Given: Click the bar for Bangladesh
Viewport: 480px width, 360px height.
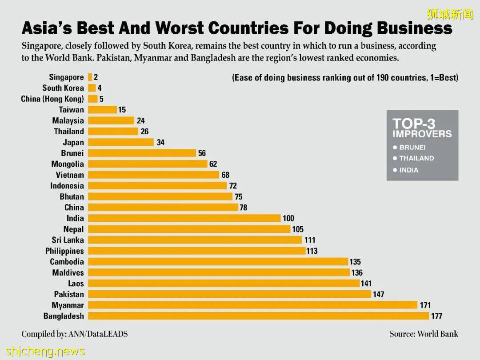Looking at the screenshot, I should (x=259, y=316).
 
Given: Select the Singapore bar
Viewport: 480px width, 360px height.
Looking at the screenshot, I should (x=90, y=77).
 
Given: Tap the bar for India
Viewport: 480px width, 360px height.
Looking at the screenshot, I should (x=184, y=218).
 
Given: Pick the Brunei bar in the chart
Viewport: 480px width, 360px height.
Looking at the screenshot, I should (x=142, y=153).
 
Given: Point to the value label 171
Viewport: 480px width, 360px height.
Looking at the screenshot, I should (x=425, y=305).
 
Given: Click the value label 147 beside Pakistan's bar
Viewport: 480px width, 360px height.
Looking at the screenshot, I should (x=378, y=294).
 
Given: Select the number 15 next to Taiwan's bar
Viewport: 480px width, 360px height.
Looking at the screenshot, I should (x=122, y=110).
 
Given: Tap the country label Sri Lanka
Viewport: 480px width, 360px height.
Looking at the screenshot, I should (x=68, y=240).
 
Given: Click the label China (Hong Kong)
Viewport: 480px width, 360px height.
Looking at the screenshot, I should (x=52, y=99).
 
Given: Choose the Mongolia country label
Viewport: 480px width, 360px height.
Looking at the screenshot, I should (x=68, y=164).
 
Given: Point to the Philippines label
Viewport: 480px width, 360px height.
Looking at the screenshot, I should (x=64, y=251).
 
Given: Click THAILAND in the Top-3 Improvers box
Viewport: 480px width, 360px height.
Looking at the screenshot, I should (x=416, y=158).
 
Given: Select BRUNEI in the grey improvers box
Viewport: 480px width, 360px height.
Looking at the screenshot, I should (x=412, y=147).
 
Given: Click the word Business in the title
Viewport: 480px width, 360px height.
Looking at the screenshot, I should (x=414, y=29).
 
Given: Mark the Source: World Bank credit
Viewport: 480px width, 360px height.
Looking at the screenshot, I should (x=424, y=334).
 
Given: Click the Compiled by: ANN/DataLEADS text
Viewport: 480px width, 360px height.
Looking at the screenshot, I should (x=74, y=334).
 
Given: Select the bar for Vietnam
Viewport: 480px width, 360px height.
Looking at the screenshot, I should (x=154, y=175).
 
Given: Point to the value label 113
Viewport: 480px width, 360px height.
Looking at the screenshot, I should (x=312, y=251).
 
